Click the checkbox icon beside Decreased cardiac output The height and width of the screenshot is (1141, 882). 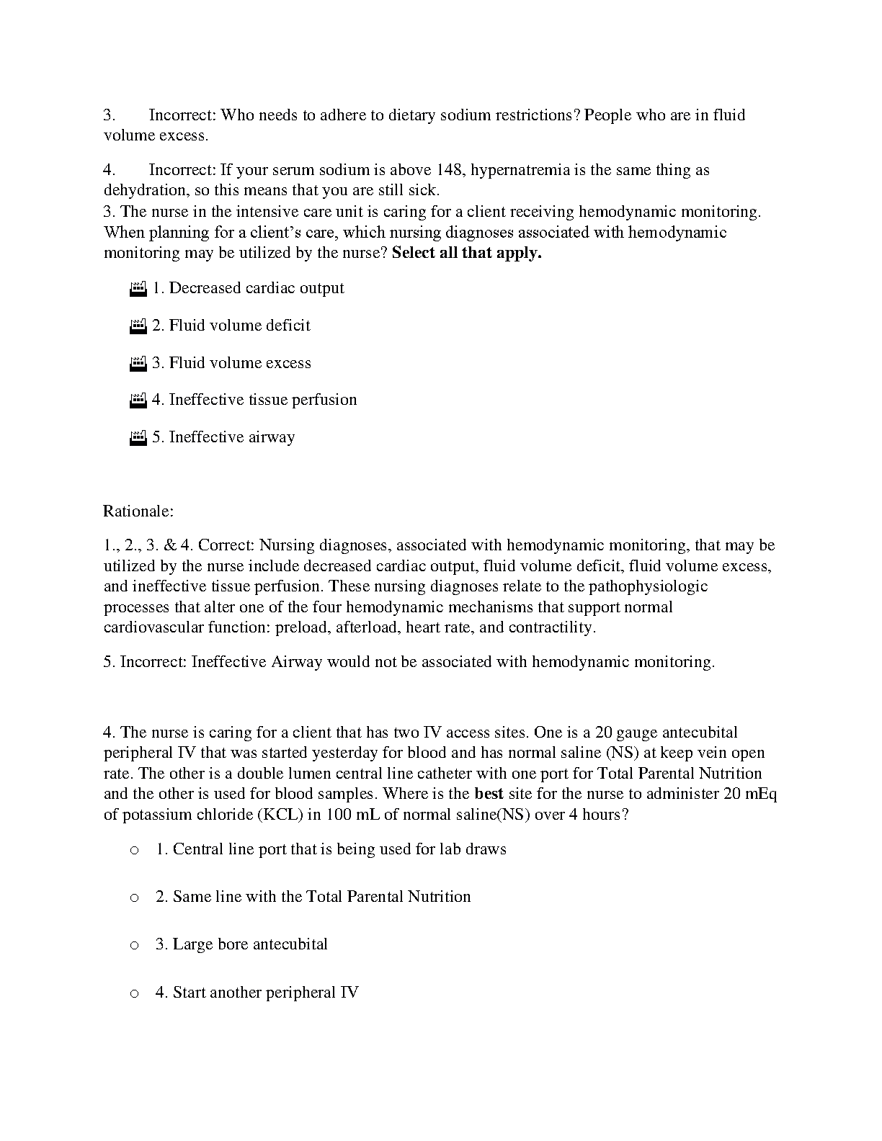click(x=138, y=289)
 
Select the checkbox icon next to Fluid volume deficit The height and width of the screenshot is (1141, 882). click(x=138, y=326)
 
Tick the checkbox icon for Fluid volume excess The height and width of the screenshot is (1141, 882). click(x=138, y=364)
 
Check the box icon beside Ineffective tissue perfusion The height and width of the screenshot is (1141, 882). click(x=138, y=401)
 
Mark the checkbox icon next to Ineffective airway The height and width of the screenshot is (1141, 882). click(x=138, y=438)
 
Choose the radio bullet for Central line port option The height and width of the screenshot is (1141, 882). click(x=134, y=851)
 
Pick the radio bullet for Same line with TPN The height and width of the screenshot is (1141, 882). click(x=134, y=898)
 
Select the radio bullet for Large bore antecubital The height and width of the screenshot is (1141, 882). click(x=134, y=946)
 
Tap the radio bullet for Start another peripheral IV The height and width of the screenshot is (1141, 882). click(x=134, y=994)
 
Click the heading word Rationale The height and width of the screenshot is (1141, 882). click(x=138, y=511)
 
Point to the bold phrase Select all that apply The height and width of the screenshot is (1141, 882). click(x=466, y=253)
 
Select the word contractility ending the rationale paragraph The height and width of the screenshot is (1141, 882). click(x=552, y=627)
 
